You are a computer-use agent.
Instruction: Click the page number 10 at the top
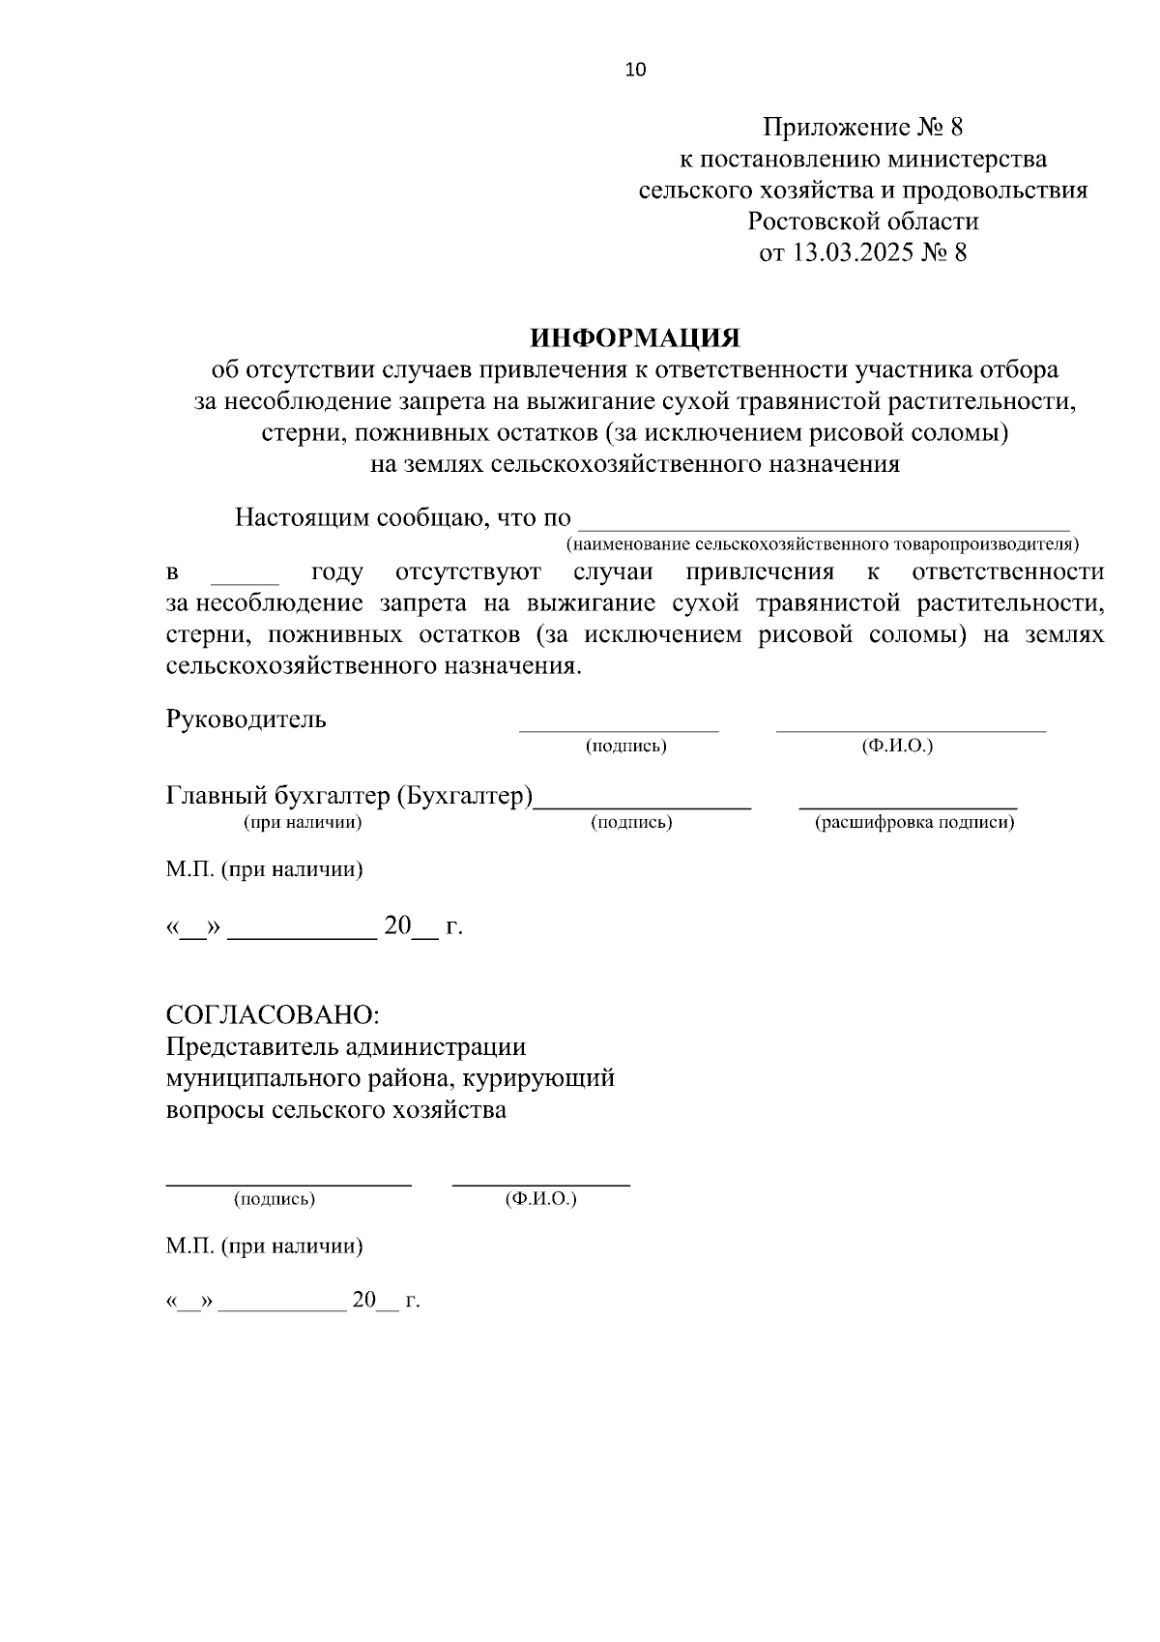coord(636,70)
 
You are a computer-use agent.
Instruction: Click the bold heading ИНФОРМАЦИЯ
coord(635,337)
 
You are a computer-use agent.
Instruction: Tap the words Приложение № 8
coord(863,127)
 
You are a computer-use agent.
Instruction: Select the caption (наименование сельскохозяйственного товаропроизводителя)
coord(823,544)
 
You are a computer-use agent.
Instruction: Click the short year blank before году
coord(245,577)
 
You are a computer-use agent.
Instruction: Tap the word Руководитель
coord(246,719)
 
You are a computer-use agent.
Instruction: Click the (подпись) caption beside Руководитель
coord(626,747)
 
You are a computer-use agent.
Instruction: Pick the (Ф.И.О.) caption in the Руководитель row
coord(897,747)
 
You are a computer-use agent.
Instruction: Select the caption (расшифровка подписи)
coord(914,823)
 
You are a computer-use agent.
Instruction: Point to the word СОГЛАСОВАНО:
coord(274,1015)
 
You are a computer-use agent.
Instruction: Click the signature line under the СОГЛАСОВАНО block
coord(288,1182)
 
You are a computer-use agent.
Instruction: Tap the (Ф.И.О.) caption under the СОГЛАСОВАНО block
coord(540,1199)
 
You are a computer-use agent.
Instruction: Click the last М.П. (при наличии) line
coord(264,1246)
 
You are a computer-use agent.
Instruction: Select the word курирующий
coord(544,1078)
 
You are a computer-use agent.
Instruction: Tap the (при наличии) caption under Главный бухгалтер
coord(303,823)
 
